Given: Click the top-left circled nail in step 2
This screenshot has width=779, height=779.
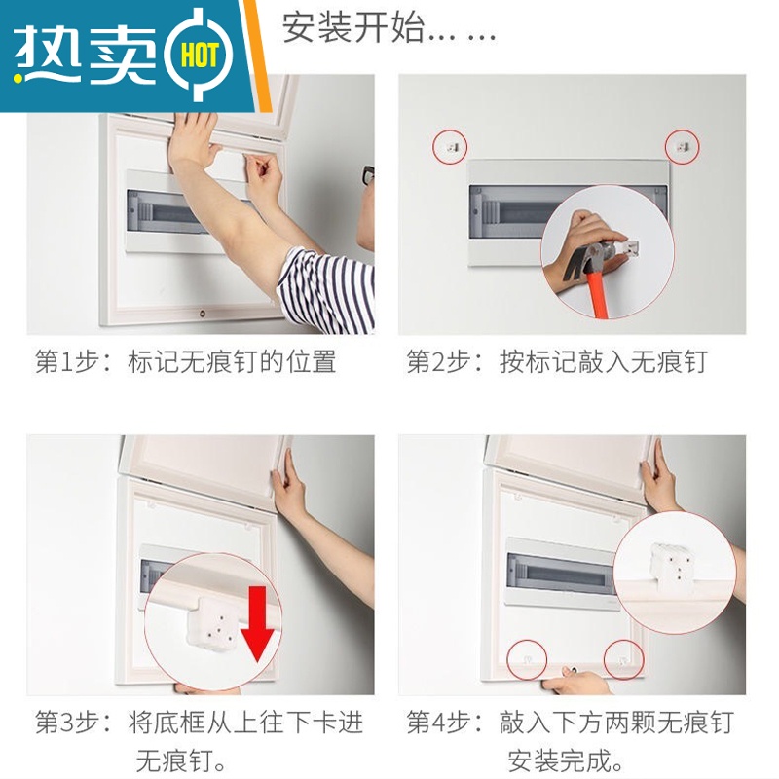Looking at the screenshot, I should (x=450, y=147).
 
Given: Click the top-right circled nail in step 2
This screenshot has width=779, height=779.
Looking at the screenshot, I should (x=683, y=147).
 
